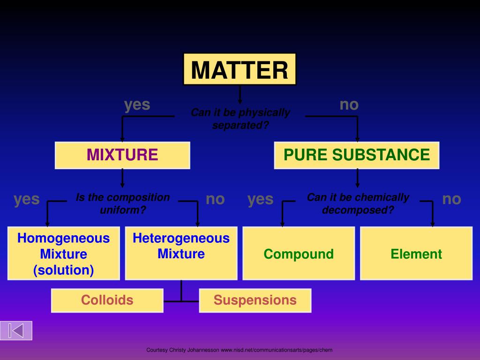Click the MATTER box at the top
point(240,69)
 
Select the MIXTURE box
point(122,155)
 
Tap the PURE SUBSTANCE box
point(357,155)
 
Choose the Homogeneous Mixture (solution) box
point(64,254)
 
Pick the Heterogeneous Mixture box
point(181,253)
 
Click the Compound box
point(299,254)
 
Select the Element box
point(416,254)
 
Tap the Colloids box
point(107,300)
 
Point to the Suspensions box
point(255,300)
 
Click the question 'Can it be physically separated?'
point(240,119)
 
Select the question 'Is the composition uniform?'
point(123,203)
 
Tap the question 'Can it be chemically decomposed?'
point(358,203)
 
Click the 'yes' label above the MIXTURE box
point(137,105)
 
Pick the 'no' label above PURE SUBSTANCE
point(349,105)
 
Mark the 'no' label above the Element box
point(451,199)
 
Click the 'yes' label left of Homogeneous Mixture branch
point(27,199)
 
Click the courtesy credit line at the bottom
point(240,350)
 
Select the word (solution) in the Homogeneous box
point(64,270)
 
